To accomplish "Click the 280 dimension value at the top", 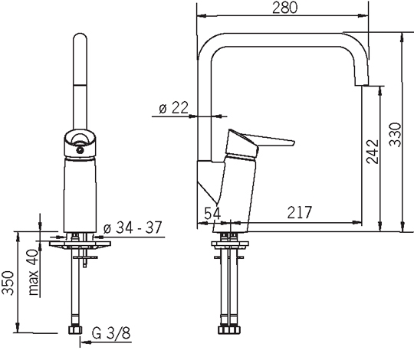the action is click(285, 8).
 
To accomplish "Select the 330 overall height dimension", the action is click(396, 134).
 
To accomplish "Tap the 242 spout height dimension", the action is click(373, 152).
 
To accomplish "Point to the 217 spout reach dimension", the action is click(300, 212).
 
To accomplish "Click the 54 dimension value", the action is click(212, 213).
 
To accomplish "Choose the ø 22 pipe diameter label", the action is click(174, 107).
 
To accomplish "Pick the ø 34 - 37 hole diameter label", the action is click(133, 227).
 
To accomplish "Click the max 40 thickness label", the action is click(34, 272).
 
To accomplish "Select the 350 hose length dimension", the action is click(8, 283).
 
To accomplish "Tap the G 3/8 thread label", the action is click(111, 333).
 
